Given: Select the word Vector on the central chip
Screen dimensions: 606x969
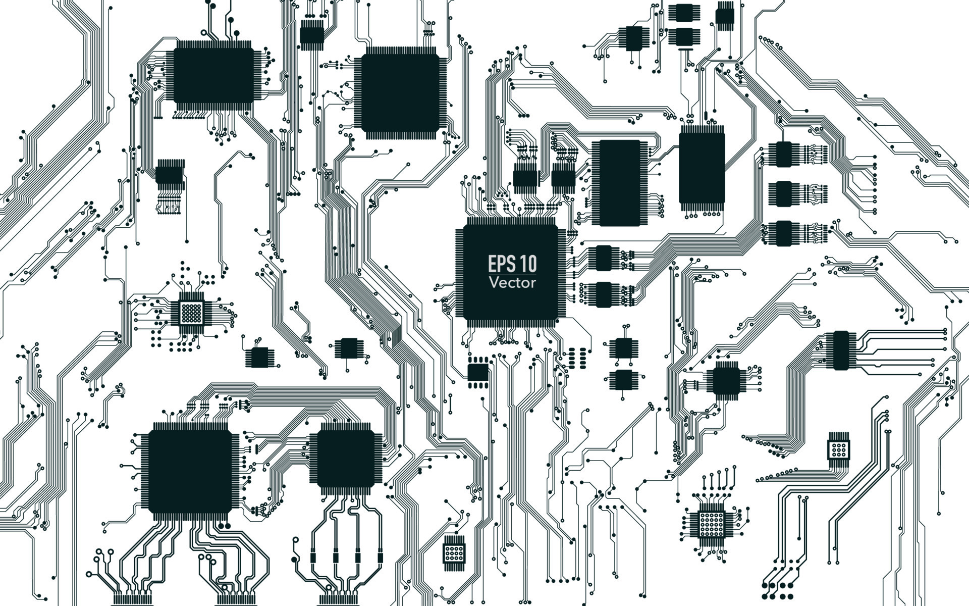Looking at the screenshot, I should pos(512,282).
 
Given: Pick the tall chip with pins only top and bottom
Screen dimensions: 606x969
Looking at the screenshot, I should pos(702,167).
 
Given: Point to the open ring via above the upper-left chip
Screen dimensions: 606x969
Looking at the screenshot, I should pos(204,33).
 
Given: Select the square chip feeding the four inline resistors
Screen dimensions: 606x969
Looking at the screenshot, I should pos(346,459).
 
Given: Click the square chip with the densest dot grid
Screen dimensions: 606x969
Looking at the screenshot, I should pos(191,313).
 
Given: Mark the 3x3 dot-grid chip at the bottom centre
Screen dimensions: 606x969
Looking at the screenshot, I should pos(454,553).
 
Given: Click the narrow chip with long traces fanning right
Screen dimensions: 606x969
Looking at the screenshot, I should pos(841,350).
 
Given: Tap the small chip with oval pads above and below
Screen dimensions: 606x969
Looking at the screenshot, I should pos(478,373).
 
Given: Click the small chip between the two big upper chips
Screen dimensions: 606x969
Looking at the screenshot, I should pos(311,35).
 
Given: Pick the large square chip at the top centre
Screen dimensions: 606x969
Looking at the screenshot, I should pos(400,92).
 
